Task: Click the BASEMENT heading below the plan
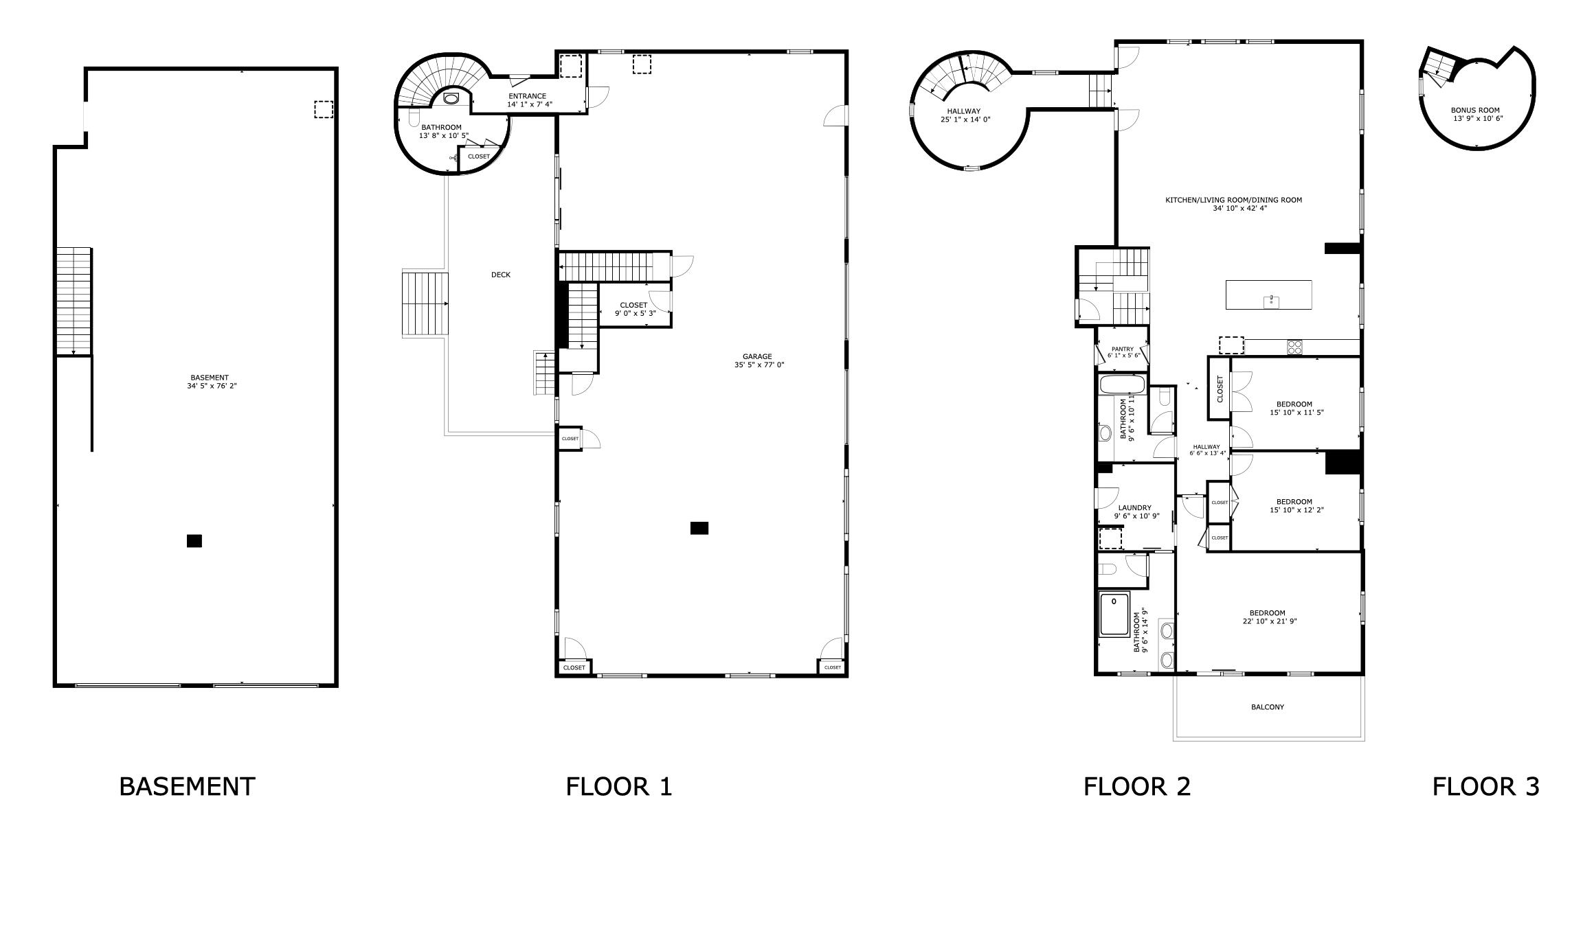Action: point(187,787)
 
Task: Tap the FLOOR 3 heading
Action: point(1485,787)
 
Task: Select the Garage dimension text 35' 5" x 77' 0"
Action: point(759,365)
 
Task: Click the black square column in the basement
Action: point(194,541)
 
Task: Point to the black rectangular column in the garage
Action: point(699,528)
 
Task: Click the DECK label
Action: point(501,275)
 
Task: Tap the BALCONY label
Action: point(1268,706)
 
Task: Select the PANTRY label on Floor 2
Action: point(1122,349)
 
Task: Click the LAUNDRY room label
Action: point(1134,507)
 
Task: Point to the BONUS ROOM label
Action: point(1475,110)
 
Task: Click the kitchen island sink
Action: point(1271,301)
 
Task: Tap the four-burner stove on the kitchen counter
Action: point(1294,347)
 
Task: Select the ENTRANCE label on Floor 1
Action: point(528,96)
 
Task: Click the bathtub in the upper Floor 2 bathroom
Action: point(1123,384)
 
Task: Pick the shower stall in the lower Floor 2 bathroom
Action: point(1114,614)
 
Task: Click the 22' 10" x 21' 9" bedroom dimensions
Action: point(1268,621)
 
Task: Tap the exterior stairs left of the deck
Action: point(425,303)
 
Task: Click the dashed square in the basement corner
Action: point(323,109)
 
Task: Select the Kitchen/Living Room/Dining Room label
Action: point(1233,200)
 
